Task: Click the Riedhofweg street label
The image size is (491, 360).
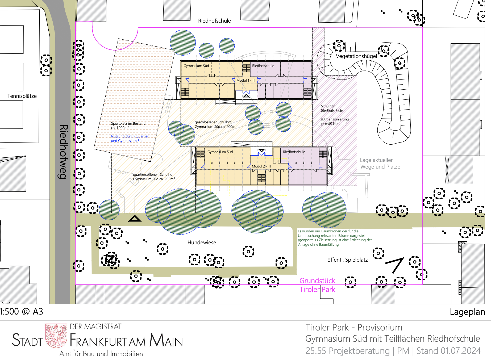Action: click(63, 152)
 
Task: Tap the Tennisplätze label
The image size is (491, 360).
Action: click(22, 96)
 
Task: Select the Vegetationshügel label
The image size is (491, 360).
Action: click(356, 56)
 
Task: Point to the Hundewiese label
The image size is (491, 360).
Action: click(202, 242)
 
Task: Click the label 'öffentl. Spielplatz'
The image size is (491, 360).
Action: click(347, 260)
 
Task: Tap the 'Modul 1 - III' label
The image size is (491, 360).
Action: click(246, 80)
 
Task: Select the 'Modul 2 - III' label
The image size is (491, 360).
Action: click(261, 166)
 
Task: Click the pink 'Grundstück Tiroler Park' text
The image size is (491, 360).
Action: click(317, 285)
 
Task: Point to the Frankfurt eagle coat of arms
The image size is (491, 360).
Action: click(56, 336)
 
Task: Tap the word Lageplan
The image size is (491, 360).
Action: click(467, 312)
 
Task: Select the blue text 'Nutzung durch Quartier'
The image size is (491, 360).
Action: click(130, 136)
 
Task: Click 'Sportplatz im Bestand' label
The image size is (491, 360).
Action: click(128, 123)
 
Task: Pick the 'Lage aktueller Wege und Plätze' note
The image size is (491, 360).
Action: click(380, 163)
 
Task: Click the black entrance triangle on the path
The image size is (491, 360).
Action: click(135, 219)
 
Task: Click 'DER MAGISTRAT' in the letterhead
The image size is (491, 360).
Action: click(95, 326)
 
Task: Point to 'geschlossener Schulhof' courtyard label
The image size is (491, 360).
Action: click(213, 122)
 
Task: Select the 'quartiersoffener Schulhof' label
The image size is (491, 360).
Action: click(153, 175)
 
